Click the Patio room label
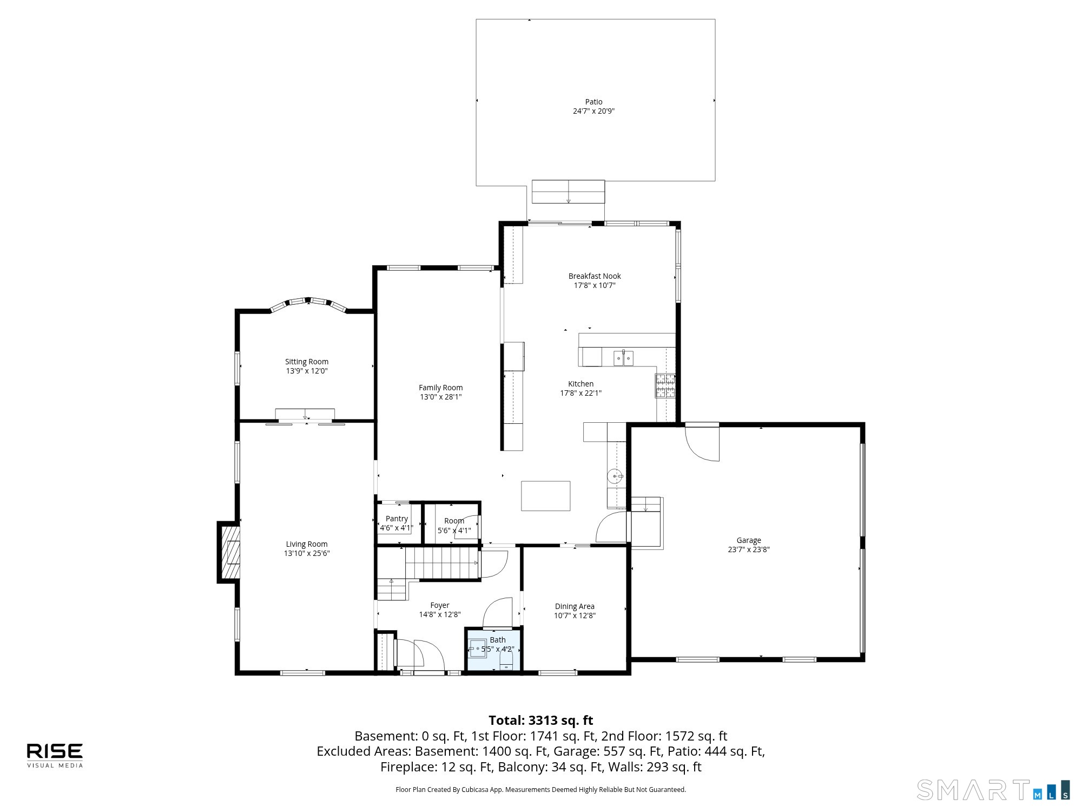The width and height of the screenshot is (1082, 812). pyautogui.click(x=593, y=102)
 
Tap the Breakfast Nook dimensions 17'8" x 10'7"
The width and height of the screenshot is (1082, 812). pyautogui.click(x=595, y=285)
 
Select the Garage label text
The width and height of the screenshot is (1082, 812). pyautogui.click(x=749, y=540)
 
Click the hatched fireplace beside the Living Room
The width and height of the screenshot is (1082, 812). pyautogui.click(x=229, y=552)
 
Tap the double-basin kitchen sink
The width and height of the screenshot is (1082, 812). pyautogui.click(x=623, y=358)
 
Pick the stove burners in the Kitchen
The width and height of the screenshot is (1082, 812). pyautogui.click(x=665, y=386)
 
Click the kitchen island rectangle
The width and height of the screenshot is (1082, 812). pyautogui.click(x=545, y=496)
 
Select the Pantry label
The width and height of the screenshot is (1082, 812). pyautogui.click(x=397, y=519)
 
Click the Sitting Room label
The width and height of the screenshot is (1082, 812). pyautogui.click(x=307, y=362)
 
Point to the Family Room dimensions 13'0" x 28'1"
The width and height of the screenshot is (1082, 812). pyautogui.click(x=441, y=397)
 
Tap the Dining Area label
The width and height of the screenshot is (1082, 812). pyautogui.click(x=575, y=606)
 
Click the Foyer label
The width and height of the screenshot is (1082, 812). pyautogui.click(x=440, y=605)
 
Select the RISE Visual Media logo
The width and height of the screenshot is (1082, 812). pyautogui.click(x=55, y=755)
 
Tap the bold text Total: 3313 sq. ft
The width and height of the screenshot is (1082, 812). pyautogui.click(x=541, y=721)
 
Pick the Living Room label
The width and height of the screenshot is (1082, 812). pyautogui.click(x=307, y=544)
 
